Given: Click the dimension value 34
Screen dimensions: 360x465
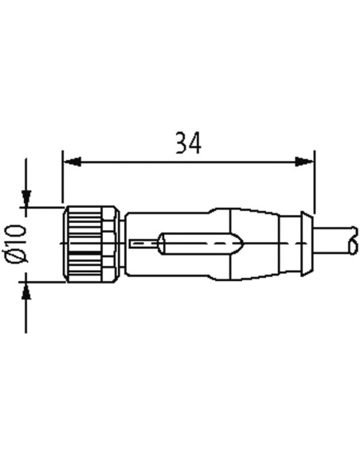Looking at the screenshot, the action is click(x=188, y=143).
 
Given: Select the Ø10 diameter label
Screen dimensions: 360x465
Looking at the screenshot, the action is click(x=17, y=244).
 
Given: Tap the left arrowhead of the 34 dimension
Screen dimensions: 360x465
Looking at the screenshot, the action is click(x=72, y=162).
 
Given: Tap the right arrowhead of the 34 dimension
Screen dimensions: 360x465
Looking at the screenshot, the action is click(x=304, y=162).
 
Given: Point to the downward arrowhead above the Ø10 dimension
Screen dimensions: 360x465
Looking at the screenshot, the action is click(x=26, y=198).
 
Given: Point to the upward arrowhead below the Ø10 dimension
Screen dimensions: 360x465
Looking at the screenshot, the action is click(x=26, y=291).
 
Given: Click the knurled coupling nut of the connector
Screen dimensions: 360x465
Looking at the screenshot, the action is click(x=92, y=244).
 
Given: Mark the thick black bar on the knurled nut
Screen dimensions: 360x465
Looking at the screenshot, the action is click(x=86, y=253).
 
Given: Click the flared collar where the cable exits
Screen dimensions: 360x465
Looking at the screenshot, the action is click(x=307, y=244).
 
